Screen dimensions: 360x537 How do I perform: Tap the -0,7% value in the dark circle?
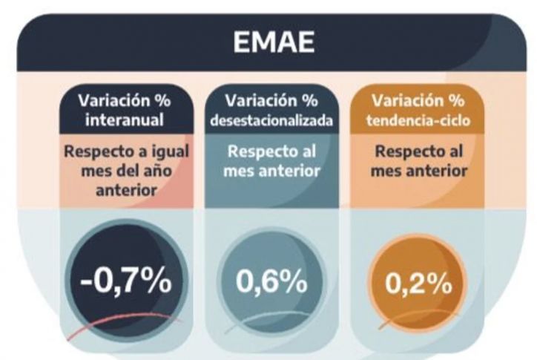coord(125,283)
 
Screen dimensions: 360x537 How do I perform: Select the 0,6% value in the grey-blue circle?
coord(271,283)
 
